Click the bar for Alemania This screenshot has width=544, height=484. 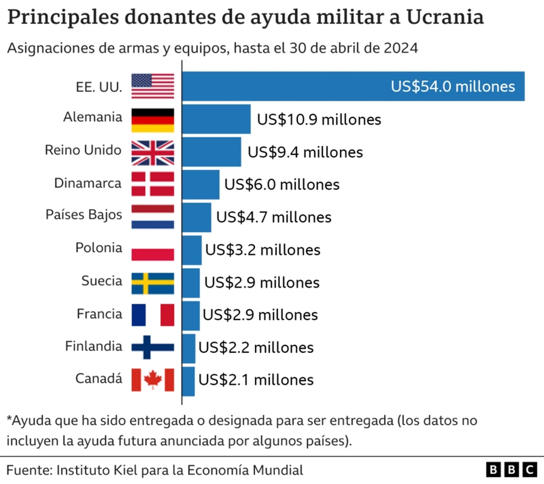tap(216, 119)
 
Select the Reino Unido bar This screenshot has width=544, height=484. tap(212, 152)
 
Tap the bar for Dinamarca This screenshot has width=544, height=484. tap(201, 184)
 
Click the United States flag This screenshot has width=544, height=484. tap(153, 86)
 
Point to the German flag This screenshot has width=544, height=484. tap(153, 119)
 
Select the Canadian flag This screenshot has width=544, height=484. tap(153, 380)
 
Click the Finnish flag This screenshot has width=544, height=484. tap(153, 347)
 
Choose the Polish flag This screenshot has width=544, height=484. tap(153, 250)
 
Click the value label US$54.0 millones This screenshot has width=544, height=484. tap(453, 86)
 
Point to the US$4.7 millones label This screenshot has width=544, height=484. tap(274, 217)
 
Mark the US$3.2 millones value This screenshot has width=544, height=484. tap(263, 250)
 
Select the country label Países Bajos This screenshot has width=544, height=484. tap(84, 215)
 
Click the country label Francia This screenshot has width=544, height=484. tap(99, 314)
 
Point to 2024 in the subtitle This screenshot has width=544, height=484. tap(401, 48)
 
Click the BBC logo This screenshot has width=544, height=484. tap(511, 470)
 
